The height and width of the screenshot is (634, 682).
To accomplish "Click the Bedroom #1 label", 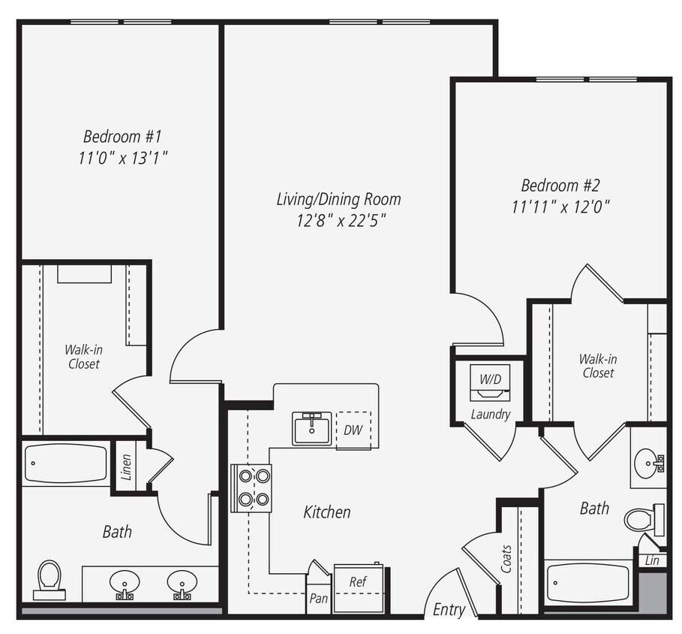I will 122,137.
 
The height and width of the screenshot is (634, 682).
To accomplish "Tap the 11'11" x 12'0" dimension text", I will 560,207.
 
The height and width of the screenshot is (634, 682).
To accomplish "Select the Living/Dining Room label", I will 338,199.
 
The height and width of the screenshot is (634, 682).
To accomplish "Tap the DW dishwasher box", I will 353,430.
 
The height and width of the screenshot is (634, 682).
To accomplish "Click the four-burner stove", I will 251,487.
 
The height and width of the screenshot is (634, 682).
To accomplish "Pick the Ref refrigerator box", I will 358,582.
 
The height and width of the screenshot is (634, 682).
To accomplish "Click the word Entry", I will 449,609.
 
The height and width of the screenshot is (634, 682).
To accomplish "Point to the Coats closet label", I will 507,559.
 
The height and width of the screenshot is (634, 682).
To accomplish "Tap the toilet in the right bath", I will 642,518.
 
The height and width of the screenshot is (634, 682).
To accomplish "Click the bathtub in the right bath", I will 587,582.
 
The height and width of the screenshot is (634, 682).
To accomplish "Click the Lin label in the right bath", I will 651,560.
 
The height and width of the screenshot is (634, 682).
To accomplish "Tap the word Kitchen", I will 326,512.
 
